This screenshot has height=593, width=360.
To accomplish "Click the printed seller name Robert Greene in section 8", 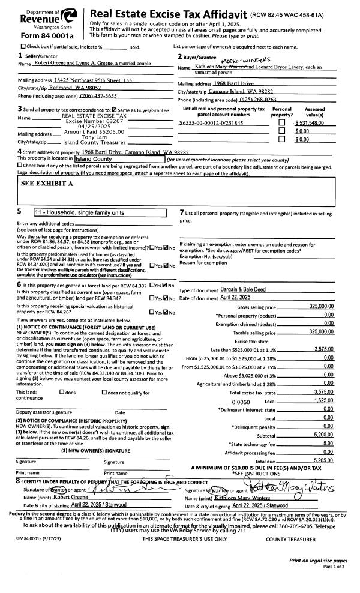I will tap(64, 497).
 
